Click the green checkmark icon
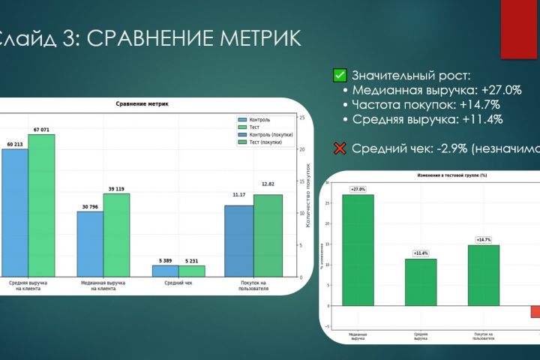pos(340,75)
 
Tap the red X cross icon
pos(340,148)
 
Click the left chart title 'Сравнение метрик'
pos(142,103)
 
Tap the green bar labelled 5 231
pos(192,271)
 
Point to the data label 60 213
pos(15,143)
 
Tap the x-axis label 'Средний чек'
pos(178,283)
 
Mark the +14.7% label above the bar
pos(484,240)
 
